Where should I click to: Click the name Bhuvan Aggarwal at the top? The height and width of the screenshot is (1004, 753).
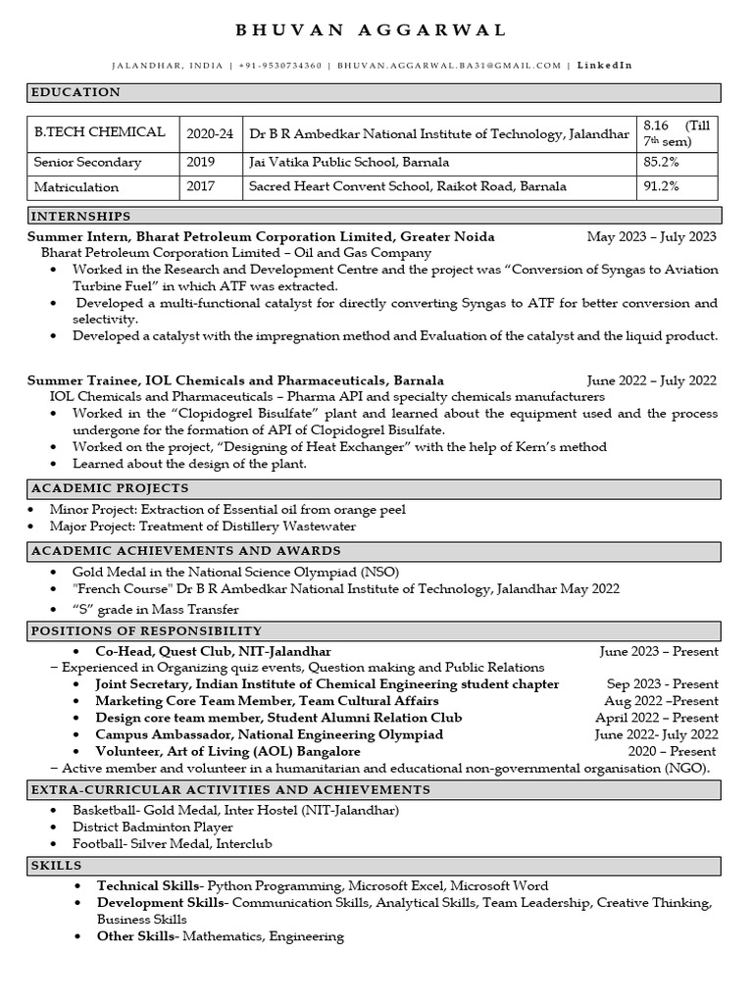pyautogui.click(x=372, y=30)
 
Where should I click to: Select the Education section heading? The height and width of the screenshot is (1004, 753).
pyautogui.click(x=76, y=92)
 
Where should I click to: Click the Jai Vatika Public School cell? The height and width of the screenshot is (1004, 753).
pyautogui.click(x=349, y=162)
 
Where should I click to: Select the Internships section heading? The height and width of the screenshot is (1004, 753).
pyautogui.click(x=81, y=216)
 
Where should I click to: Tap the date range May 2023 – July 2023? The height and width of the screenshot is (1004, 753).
pyautogui.click(x=651, y=236)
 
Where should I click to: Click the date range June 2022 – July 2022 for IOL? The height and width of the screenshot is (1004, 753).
pyautogui.click(x=651, y=380)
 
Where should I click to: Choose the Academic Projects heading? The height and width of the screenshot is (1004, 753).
pyautogui.click(x=110, y=488)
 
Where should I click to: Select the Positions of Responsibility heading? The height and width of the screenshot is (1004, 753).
pyautogui.click(x=147, y=630)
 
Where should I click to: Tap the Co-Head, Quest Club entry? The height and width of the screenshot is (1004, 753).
pyautogui.click(x=213, y=651)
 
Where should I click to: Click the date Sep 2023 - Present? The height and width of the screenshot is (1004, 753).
pyautogui.click(x=662, y=684)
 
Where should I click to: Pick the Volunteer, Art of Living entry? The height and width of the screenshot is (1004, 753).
pyautogui.click(x=229, y=751)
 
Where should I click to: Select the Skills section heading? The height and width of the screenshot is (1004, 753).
pyautogui.click(x=57, y=866)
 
